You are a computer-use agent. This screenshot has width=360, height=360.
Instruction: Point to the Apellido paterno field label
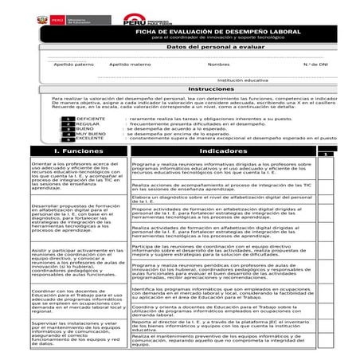point(73,64)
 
